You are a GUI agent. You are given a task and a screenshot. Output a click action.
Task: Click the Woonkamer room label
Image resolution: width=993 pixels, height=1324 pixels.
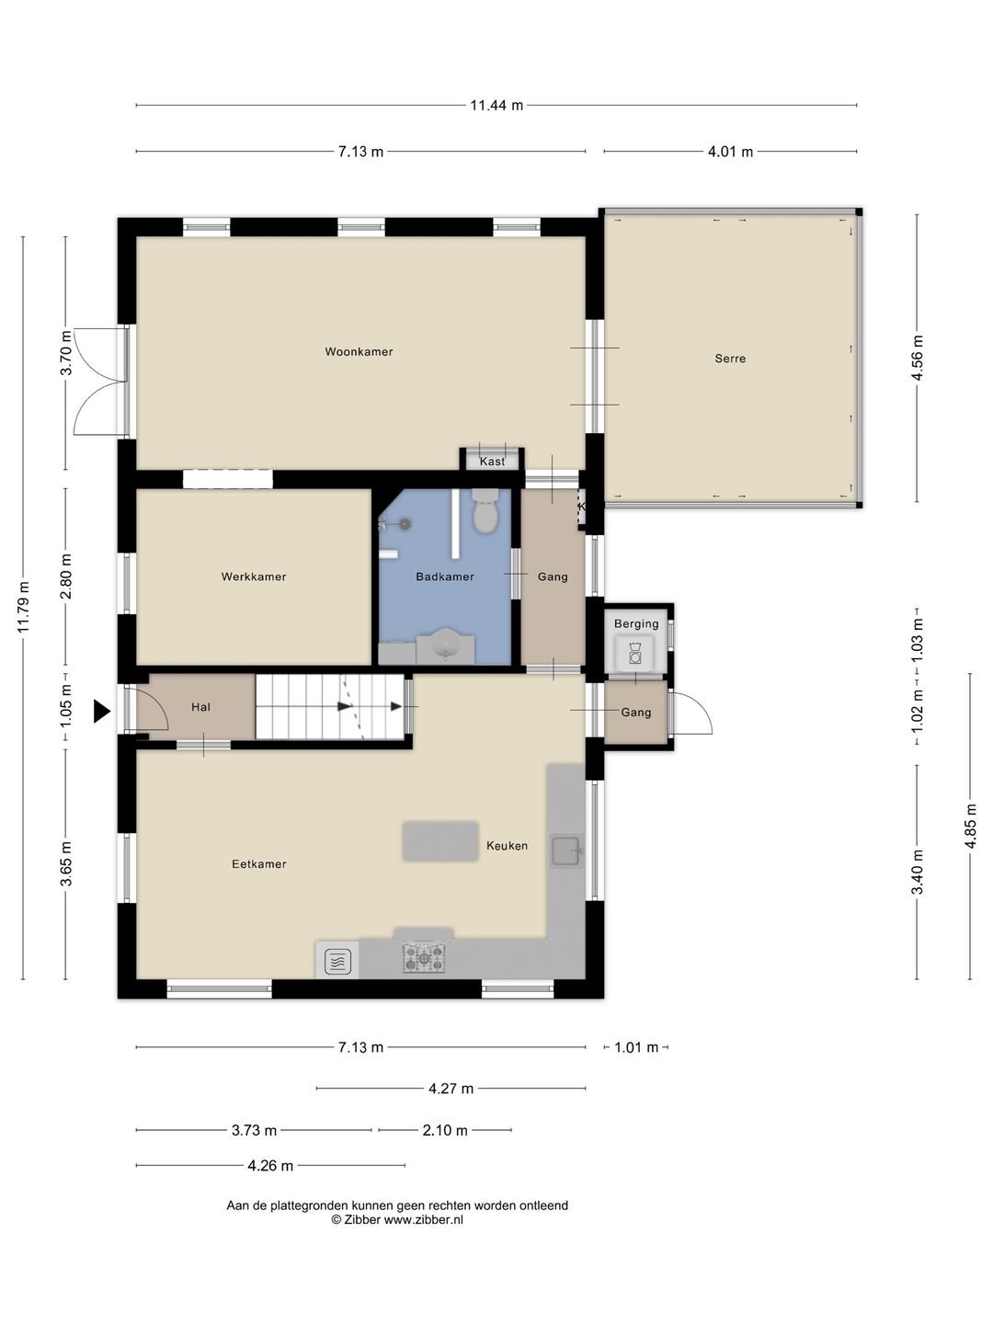click(x=359, y=351)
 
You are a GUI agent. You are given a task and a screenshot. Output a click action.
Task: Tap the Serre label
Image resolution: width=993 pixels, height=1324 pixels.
click(x=730, y=359)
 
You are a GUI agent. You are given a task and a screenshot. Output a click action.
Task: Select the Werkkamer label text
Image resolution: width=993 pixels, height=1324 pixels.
click(x=253, y=576)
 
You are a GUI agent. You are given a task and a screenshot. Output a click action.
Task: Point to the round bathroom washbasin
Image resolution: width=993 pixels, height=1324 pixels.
click(x=446, y=644)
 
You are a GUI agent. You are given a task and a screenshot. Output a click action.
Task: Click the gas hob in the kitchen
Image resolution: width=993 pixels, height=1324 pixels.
click(x=424, y=956)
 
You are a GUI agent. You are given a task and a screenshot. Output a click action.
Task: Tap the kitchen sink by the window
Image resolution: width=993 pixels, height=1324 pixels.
click(x=566, y=850)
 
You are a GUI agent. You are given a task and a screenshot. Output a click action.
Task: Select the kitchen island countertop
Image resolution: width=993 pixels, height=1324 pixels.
click(x=440, y=840)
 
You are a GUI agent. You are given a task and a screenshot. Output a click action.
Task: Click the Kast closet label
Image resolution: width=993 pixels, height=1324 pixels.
click(x=492, y=462)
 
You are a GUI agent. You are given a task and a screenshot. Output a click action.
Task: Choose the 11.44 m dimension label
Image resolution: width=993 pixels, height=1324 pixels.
click(x=496, y=105)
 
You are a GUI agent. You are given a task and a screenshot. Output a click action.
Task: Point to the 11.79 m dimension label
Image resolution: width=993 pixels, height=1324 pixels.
click(x=23, y=608)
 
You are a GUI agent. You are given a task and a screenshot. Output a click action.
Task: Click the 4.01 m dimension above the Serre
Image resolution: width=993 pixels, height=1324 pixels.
click(x=730, y=152)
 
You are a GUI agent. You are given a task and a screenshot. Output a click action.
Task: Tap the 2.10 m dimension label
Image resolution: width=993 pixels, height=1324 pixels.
click(x=445, y=1130)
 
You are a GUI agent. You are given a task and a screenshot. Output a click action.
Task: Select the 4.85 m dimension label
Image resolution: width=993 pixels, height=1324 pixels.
click(x=970, y=827)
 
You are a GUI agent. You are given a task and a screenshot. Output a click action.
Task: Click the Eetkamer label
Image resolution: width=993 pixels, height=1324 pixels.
click(x=258, y=864)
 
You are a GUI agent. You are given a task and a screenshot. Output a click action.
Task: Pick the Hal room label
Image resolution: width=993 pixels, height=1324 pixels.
click(x=200, y=707)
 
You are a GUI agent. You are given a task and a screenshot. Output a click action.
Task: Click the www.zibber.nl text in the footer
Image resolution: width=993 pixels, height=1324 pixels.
click(x=424, y=1220)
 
